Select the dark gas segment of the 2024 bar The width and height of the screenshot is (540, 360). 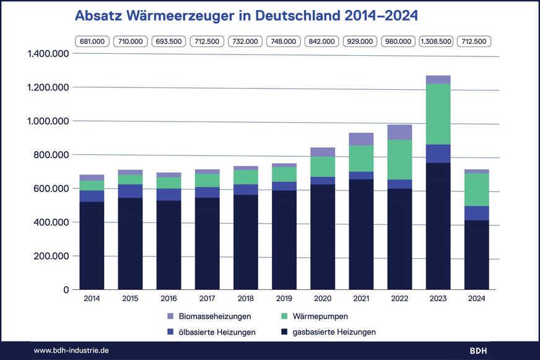tap(476, 254)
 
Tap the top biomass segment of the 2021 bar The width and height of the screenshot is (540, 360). tap(361, 139)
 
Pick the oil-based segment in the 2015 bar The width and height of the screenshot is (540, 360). tap(131, 191)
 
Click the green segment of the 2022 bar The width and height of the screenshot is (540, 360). tap(399, 159)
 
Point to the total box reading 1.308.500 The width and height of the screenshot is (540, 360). tap(437, 42)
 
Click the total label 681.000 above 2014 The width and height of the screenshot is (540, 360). tap(92, 42)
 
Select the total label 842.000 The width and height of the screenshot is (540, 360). tap(322, 42)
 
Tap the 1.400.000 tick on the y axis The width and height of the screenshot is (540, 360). tap(48, 54)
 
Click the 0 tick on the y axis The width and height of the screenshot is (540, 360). tap(65, 289)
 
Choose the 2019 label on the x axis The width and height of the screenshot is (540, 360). tap(284, 299)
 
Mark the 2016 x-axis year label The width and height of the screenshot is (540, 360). tap(168, 299)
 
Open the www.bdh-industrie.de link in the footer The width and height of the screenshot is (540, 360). tap(71, 351)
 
